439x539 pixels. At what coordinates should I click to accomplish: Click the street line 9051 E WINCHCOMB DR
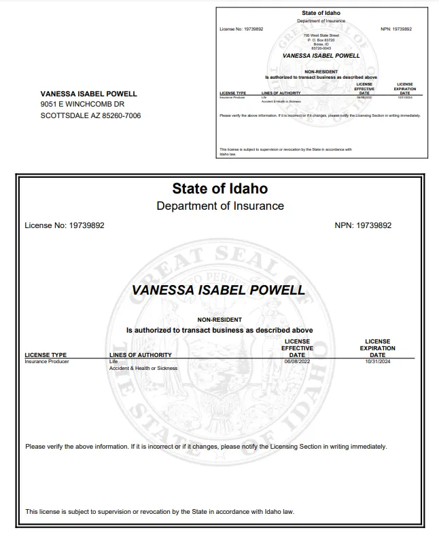(x=82, y=105)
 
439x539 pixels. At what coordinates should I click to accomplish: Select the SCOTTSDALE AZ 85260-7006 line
(x=91, y=115)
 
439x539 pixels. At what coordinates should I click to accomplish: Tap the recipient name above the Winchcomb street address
(x=88, y=94)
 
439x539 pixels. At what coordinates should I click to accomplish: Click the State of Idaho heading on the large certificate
(x=219, y=189)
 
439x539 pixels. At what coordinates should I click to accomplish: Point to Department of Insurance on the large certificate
(x=219, y=206)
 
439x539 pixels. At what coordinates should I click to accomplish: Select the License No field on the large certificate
(x=65, y=225)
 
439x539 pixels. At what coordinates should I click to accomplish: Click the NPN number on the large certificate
(x=363, y=225)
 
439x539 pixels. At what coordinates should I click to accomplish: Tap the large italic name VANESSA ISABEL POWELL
(x=218, y=291)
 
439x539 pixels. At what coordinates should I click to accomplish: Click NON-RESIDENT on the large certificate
(x=219, y=320)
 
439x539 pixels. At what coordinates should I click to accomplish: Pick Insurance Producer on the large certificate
(x=47, y=361)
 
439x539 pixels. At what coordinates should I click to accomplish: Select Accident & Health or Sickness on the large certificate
(x=143, y=368)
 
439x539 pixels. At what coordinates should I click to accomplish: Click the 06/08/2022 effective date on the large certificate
(x=296, y=361)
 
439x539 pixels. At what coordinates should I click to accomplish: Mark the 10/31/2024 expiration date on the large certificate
(x=377, y=361)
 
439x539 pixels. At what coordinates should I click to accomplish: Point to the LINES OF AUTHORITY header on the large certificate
(x=140, y=354)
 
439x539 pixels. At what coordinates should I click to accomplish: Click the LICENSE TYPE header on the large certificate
(x=46, y=354)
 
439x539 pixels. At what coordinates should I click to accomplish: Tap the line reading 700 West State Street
(x=321, y=35)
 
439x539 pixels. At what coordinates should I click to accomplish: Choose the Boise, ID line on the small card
(x=321, y=44)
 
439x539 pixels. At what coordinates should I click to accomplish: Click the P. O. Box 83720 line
(x=321, y=40)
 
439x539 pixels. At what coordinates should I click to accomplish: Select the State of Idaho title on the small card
(x=321, y=13)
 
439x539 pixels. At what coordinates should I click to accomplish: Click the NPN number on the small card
(x=396, y=29)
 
